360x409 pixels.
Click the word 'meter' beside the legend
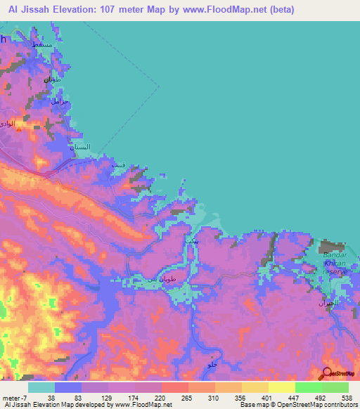pos(10,397)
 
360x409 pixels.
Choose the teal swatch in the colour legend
pos(41,387)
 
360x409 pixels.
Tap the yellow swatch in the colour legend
pos(282,387)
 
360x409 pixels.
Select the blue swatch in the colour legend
pos(68,387)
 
